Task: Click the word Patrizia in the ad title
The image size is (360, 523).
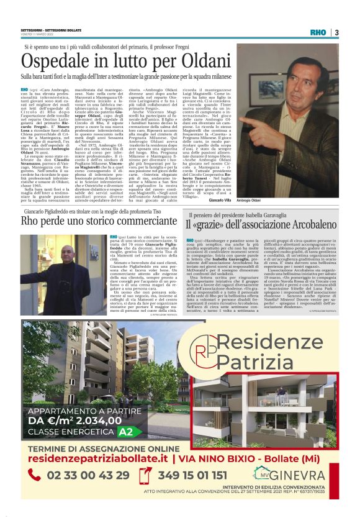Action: point(266,360)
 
